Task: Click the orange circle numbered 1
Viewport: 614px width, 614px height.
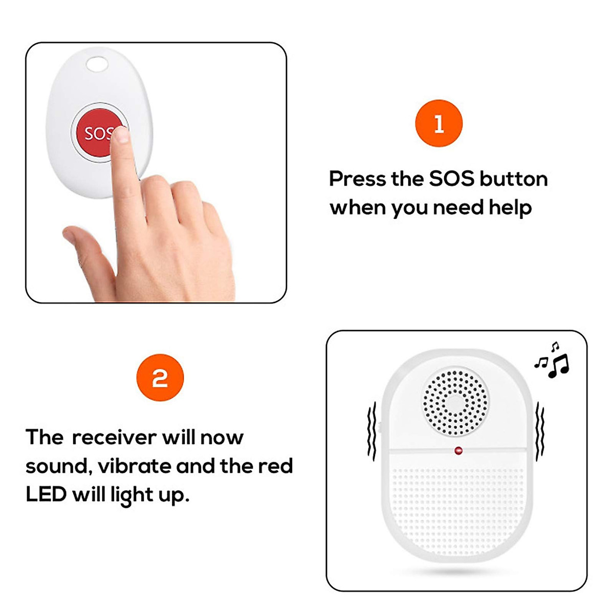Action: coord(438,124)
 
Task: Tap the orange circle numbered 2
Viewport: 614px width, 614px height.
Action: coord(160,378)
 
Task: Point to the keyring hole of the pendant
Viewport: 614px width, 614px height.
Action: coord(97,64)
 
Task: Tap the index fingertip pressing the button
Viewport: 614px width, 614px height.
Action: coord(121,136)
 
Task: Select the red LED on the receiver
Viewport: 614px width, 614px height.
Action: coord(458,451)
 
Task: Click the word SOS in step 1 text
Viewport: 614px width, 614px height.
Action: coord(452,179)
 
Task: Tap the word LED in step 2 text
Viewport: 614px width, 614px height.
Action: coord(46,495)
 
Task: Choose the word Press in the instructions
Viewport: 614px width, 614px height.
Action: coord(357,179)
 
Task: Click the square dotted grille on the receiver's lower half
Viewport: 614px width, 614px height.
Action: coord(457,507)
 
